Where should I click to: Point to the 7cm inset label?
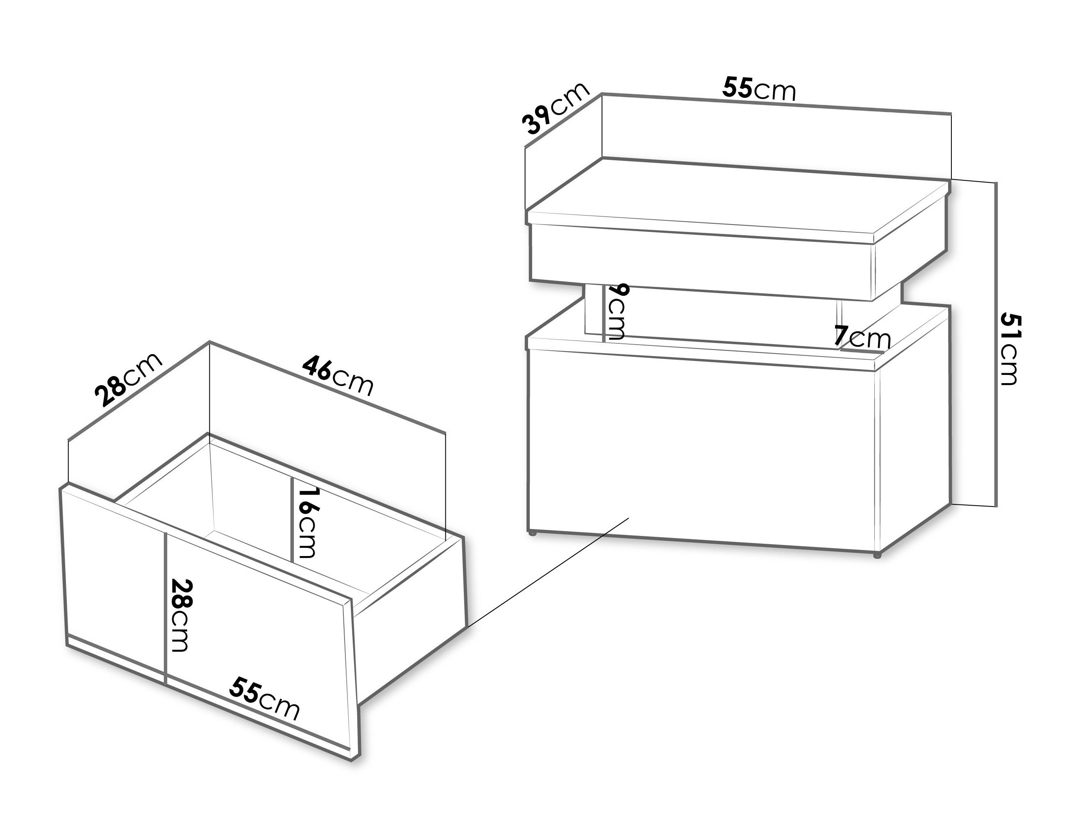point(862,338)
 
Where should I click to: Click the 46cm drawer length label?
point(338,376)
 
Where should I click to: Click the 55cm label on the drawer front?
point(264,699)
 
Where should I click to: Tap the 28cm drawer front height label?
point(179,616)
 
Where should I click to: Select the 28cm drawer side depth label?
point(129,379)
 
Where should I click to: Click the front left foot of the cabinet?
point(531,532)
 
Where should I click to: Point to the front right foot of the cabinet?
point(876,556)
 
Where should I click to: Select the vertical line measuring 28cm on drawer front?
point(166,608)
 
